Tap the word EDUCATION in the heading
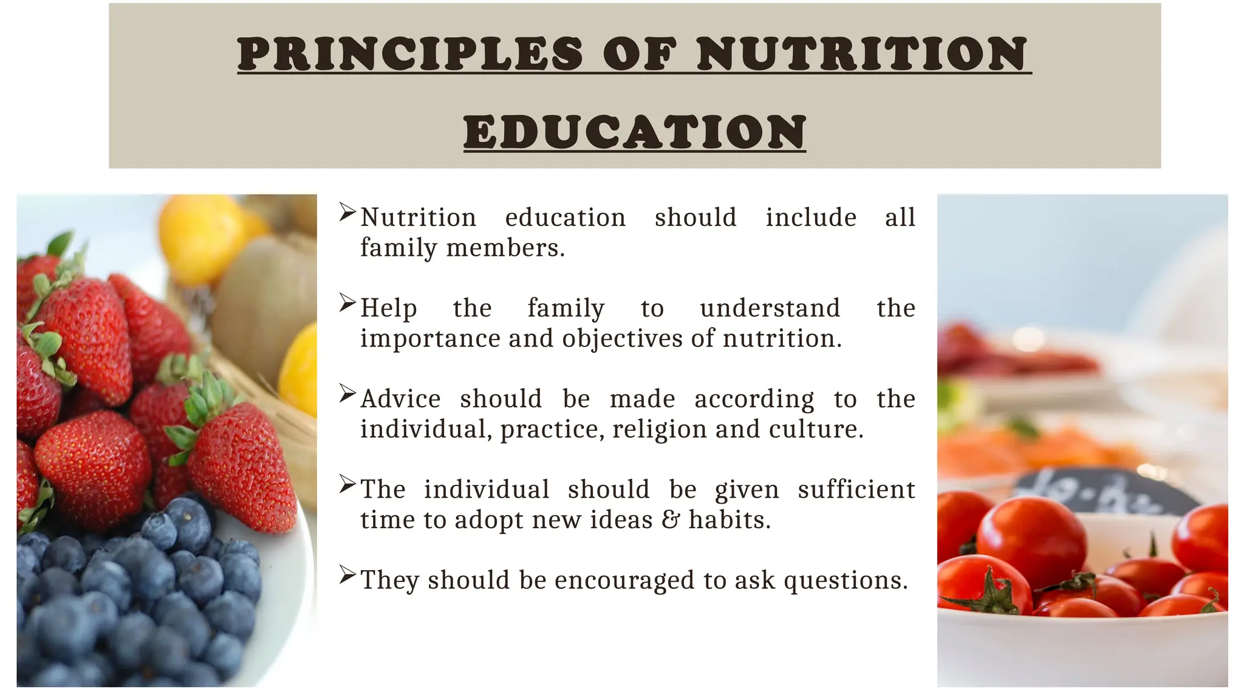(x=635, y=132)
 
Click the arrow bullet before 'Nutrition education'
(x=347, y=213)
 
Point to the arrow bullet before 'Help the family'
(x=347, y=303)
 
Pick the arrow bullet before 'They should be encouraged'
(x=347, y=575)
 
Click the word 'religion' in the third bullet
(x=660, y=430)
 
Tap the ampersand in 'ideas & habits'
(x=671, y=520)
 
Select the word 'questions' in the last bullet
(x=846, y=581)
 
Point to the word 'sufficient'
(x=856, y=490)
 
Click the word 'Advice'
(x=400, y=399)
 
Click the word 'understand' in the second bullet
(x=770, y=309)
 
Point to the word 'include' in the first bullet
(x=811, y=218)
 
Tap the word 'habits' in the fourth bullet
(x=729, y=520)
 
